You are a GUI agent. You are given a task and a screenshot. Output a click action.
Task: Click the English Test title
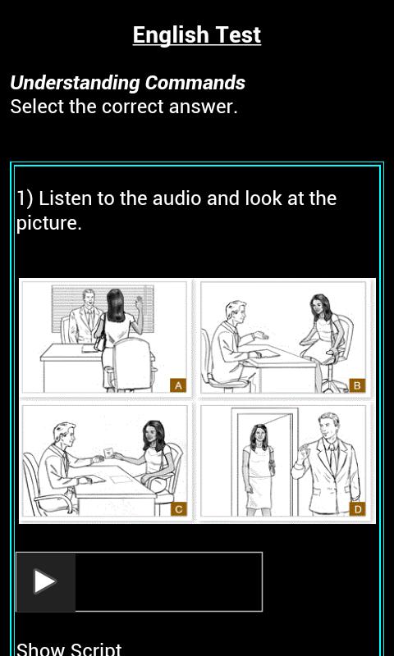pos(197,35)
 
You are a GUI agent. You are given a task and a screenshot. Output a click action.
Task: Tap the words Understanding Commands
pos(128,83)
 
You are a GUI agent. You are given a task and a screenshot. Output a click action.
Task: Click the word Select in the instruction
pos(37,107)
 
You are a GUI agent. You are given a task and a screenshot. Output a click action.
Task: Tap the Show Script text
pos(69,649)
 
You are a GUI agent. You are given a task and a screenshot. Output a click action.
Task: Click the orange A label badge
pos(178,385)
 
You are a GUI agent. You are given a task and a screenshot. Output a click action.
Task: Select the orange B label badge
pos(357,385)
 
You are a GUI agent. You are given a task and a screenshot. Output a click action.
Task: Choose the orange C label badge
pos(178,509)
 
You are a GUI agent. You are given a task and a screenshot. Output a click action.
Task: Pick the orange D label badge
pos(357,509)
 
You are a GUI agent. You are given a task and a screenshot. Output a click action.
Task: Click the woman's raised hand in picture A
pos(139,302)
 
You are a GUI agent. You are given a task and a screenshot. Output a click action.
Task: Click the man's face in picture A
pos(89,298)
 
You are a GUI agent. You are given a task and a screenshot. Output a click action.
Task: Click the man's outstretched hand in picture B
pos(260,335)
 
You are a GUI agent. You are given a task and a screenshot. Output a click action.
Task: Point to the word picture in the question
pos(48,223)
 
